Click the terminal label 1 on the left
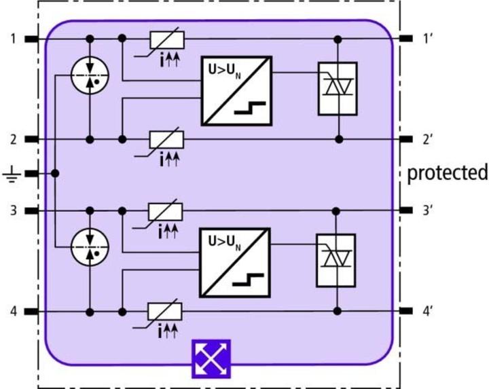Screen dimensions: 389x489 [13, 38]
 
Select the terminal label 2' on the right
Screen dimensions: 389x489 [429, 140]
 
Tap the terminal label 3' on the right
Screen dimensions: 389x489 [429, 210]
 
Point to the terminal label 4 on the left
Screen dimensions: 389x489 [13, 312]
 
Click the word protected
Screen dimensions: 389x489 [448, 173]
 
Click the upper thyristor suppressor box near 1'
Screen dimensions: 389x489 [337, 89]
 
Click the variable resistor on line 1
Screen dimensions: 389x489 [167, 39]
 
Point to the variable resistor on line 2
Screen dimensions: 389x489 [167, 140]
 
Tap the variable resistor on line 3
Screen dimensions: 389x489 [167, 210]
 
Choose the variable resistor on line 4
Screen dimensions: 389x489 [167, 312]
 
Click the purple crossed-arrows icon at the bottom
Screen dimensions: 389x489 [211, 357]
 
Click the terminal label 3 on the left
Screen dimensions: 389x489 [13, 210]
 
